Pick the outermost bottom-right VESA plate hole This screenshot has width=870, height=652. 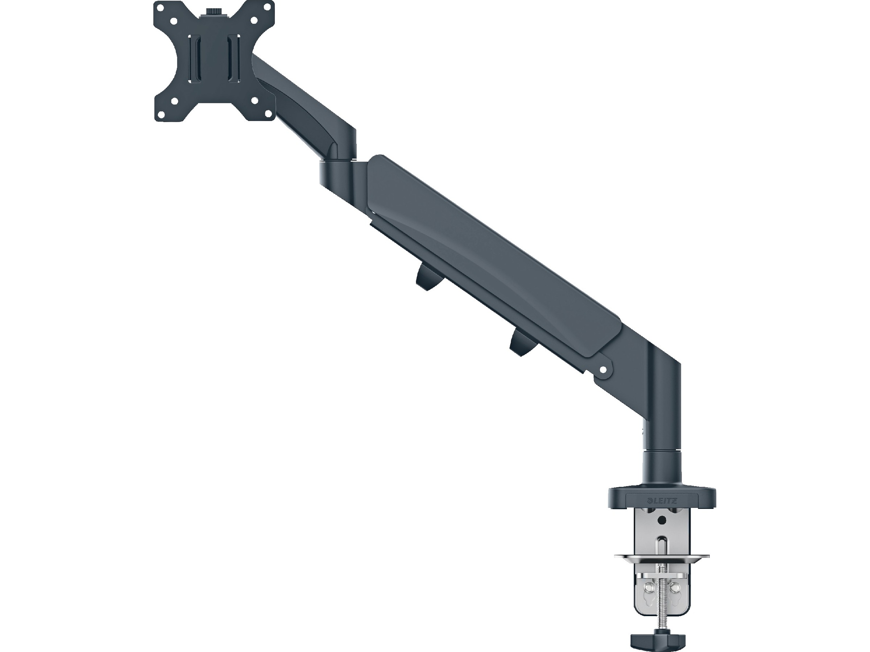click(x=269, y=114)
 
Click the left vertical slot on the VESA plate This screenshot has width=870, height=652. click(x=193, y=59)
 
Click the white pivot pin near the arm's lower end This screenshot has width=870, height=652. click(x=602, y=369)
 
